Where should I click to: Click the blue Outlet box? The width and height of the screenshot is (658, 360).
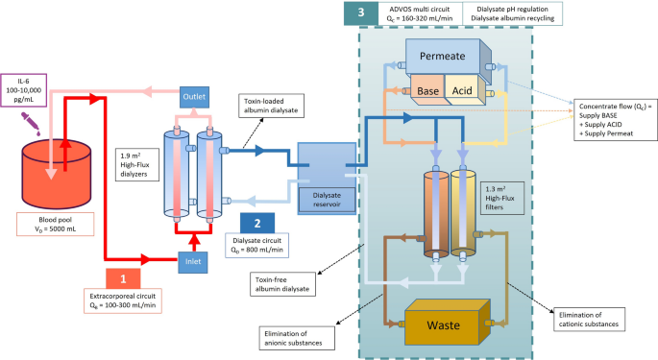point(192,97)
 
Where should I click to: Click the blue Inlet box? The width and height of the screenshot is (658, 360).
point(192,257)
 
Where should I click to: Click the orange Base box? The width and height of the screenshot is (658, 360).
point(428,91)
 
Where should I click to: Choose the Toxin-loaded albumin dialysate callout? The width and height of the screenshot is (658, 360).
point(271,106)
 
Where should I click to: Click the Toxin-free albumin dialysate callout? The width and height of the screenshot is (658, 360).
point(278,283)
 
